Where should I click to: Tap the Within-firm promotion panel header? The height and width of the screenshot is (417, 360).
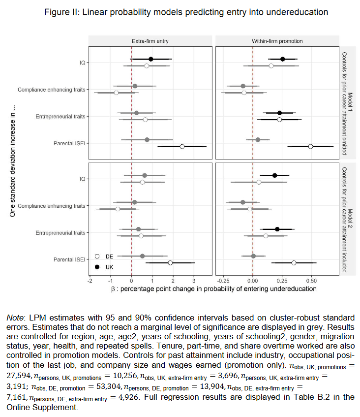(x=276, y=41)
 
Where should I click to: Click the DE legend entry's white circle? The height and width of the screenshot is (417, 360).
(x=97, y=257)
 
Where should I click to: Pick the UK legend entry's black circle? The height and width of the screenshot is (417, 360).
(x=97, y=266)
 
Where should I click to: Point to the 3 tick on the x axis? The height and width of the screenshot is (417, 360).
(x=194, y=280)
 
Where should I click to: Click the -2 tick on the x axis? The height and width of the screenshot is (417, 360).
(x=90, y=280)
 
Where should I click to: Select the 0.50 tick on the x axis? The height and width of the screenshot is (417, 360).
(x=311, y=280)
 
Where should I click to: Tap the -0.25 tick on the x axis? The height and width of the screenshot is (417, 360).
(x=224, y=280)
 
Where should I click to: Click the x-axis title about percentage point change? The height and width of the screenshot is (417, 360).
(x=214, y=289)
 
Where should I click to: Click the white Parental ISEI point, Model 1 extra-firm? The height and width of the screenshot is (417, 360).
(x=182, y=146)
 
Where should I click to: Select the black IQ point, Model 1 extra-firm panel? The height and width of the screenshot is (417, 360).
(x=151, y=59)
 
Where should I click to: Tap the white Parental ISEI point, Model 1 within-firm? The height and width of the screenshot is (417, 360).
(x=310, y=146)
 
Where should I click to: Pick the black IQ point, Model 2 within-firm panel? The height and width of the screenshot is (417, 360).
(x=275, y=175)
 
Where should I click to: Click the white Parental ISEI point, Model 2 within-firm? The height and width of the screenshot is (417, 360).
(x=294, y=263)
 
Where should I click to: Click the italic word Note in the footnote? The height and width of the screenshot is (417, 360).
(x=16, y=318)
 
